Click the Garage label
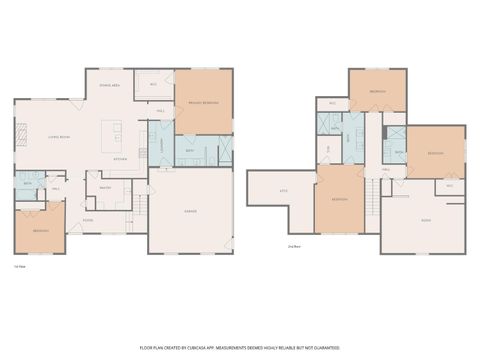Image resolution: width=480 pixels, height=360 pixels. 190,211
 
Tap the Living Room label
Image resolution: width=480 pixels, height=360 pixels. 58,137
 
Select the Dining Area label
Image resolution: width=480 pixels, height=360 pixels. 110,86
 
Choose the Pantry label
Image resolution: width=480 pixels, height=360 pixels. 104,185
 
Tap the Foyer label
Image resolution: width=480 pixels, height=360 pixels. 88,220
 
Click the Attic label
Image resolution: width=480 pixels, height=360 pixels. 283,191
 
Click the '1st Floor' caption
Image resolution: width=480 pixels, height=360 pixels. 19,266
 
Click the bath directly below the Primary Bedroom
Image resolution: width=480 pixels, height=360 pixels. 190,151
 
